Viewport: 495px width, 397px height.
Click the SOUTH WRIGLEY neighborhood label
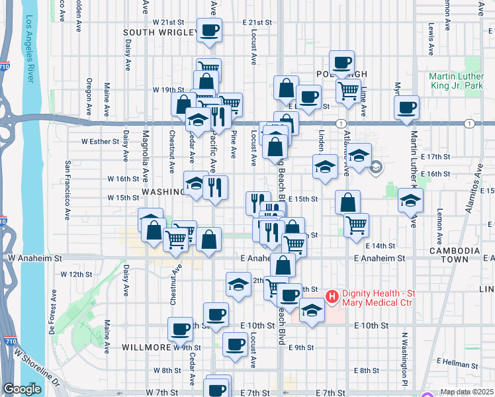coord(160,32)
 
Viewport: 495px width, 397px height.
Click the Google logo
coord(21,389)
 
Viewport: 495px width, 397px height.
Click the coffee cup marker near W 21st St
coord(209,30)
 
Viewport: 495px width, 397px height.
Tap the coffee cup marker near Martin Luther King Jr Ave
coord(406,107)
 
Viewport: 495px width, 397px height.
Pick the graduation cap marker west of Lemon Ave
coord(410,200)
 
